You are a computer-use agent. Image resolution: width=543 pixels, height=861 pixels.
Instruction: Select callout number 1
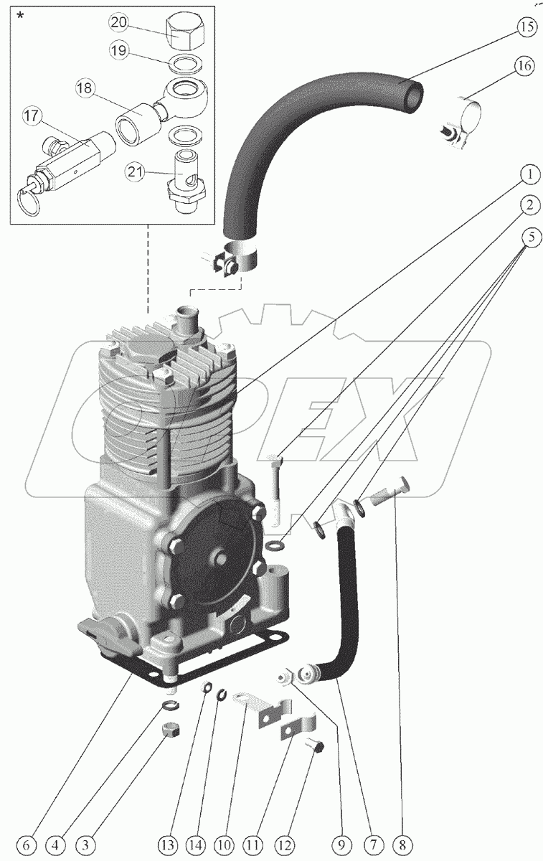click(529, 175)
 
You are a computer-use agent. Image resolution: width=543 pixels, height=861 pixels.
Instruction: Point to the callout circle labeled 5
click(530, 237)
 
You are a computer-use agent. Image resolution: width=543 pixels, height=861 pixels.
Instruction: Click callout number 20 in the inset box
click(119, 23)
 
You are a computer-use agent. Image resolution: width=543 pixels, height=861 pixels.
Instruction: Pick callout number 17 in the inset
click(33, 116)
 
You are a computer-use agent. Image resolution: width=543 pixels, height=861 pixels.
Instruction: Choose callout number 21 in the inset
click(136, 172)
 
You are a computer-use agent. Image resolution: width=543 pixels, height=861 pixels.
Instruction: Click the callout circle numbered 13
click(168, 844)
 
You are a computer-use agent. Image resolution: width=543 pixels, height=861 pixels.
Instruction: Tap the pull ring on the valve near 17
click(28, 202)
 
